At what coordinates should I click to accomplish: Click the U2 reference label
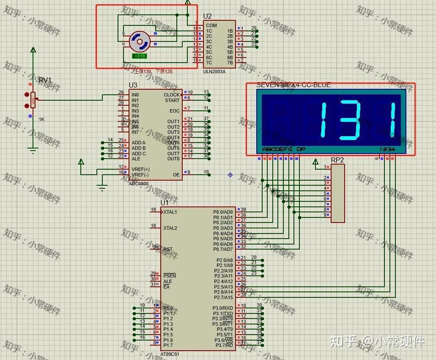(x=207, y=16)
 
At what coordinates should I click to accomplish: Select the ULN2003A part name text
(x=214, y=71)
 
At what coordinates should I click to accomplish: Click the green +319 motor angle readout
(x=140, y=56)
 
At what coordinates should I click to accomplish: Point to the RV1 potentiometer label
(x=45, y=80)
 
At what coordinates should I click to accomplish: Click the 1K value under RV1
(x=42, y=119)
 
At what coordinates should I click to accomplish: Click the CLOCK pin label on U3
(x=172, y=95)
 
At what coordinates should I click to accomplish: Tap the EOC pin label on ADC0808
(x=175, y=111)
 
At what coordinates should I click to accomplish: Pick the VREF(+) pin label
(x=140, y=169)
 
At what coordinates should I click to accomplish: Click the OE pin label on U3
(x=176, y=175)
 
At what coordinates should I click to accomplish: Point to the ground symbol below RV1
(x=33, y=149)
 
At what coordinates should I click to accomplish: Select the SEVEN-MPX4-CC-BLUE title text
(x=293, y=85)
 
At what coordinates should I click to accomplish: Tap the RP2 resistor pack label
(x=337, y=160)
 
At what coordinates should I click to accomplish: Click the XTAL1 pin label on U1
(x=170, y=212)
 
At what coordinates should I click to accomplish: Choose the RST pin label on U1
(x=168, y=249)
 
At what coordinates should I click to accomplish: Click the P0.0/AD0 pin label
(x=223, y=212)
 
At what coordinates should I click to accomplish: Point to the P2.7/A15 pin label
(x=222, y=297)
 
